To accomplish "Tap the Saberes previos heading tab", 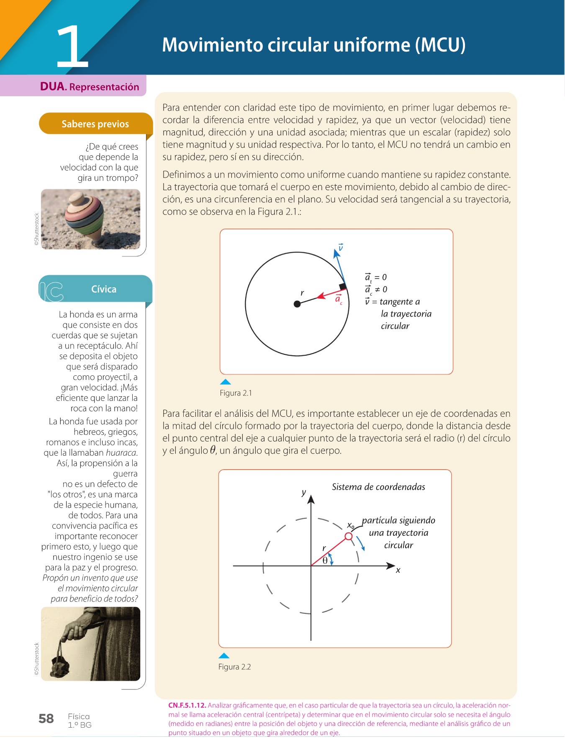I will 95,124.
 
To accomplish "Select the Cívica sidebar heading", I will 103,289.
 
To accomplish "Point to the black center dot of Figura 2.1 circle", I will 297,304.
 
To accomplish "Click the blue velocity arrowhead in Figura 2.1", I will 336,252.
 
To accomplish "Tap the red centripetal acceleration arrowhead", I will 321,296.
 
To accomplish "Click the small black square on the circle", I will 343,287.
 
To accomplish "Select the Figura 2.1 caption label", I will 236,393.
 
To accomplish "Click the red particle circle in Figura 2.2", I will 349,536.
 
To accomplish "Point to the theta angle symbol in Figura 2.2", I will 325,561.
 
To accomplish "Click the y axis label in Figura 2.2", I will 304,493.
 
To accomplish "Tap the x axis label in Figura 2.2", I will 398,570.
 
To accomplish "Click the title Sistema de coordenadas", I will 378,487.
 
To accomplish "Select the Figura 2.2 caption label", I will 234,667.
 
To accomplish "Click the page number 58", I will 46,719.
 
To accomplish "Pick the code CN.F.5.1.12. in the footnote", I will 187,705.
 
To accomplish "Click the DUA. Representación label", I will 89,87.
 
